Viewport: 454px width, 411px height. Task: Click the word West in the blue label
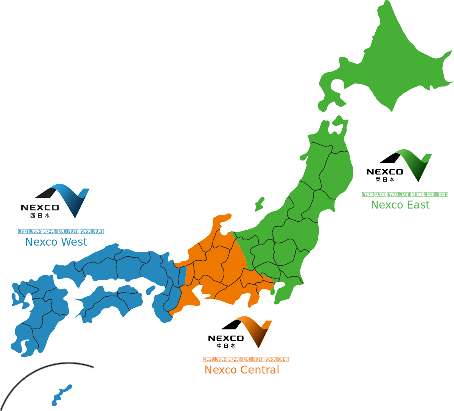[x=74, y=242]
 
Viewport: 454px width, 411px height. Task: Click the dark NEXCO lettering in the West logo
[x=40, y=207]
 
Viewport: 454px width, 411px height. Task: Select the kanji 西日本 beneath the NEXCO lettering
[x=40, y=216]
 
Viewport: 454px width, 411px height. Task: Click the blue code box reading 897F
[x=24, y=231]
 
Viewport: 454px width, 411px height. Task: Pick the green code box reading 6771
[x=368, y=195]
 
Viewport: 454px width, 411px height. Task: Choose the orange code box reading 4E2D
[x=208, y=359]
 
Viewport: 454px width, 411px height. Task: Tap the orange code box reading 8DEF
[x=283, y=359]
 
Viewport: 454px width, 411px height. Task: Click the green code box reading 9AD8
[x=405, y=195]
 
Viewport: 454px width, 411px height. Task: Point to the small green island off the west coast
[x=260, y=204]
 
